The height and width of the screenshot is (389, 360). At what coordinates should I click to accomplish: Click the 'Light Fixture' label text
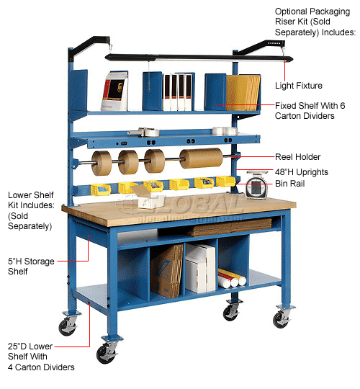pos(299,86)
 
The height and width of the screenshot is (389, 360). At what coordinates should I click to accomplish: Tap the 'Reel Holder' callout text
pos(298,157)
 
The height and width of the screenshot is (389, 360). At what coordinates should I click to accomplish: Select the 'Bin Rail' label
pos(290,184)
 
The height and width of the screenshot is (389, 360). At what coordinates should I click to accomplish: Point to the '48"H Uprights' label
pos(302,172)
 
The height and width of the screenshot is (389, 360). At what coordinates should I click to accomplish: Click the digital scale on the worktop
pos(256,185)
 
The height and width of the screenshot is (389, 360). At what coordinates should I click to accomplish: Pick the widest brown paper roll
pos(202,158)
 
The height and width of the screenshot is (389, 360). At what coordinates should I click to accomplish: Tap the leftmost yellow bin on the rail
pos(101,190)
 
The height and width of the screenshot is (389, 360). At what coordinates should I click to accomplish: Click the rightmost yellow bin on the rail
pos(225,182)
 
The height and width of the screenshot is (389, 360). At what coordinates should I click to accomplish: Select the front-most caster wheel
pos(107,353)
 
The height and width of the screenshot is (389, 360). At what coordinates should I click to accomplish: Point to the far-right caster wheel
pos(281,319)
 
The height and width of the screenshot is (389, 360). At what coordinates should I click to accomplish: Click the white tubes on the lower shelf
pos(232,279)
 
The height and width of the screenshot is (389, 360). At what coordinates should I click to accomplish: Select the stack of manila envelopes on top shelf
pos(243,92)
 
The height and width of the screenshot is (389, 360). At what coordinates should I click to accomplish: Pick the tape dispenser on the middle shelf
pos(144,132)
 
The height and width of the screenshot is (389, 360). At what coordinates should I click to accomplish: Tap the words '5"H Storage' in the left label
pos(31,261)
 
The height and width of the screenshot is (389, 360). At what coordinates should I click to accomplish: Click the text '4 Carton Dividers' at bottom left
pos(41,367)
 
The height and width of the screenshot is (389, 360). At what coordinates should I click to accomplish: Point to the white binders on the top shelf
pos(177,92)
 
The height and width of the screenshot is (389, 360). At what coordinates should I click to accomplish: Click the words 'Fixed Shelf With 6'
pos(310,106)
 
